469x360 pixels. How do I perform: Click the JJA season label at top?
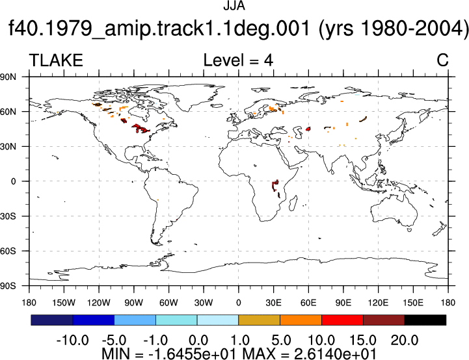pyautogui.click(x=234, y=6)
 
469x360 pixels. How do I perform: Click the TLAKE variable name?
pyautogui.click(x=56, y=60)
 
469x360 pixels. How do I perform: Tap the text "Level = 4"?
pyautogui.click(x=238, y=60)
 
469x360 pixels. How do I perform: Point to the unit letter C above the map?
pyautogui.click(x=442, y=60)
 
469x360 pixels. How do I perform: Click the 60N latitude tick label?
pyautogui.click(x=8, y=112)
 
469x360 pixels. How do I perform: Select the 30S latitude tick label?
pyautogui.click(x=8, y=216)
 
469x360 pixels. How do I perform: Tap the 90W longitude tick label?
pyautogui.click(x=134, y=303)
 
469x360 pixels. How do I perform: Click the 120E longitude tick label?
pyautogui.click(x=379, y=303)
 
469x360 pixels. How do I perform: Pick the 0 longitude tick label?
pyautogui.click(x=238, y=303)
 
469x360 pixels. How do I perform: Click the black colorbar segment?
pyautogui.click(x=425, y=320)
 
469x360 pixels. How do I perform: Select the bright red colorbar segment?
pyautogui.click(x=342, y=320)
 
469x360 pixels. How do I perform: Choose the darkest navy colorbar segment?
pyautogui.click(x=52, y=320)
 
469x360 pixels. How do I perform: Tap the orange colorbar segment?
pyautogui.click(x=301, y=320)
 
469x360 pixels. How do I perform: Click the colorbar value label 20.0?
pyautogui.click(x=405, y=341)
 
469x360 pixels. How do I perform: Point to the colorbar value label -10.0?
pyautogui.click(x=72, y=341)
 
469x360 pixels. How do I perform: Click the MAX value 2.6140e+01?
pyautogui.click(x=335, y=354)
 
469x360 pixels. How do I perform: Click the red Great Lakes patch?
pyautogui.click(x=140, y=129)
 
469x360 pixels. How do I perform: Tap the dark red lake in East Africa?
pyautogui.click(x=275, y=185)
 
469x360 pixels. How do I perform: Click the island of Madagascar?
pyautogui.click(x=293, y=203)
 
